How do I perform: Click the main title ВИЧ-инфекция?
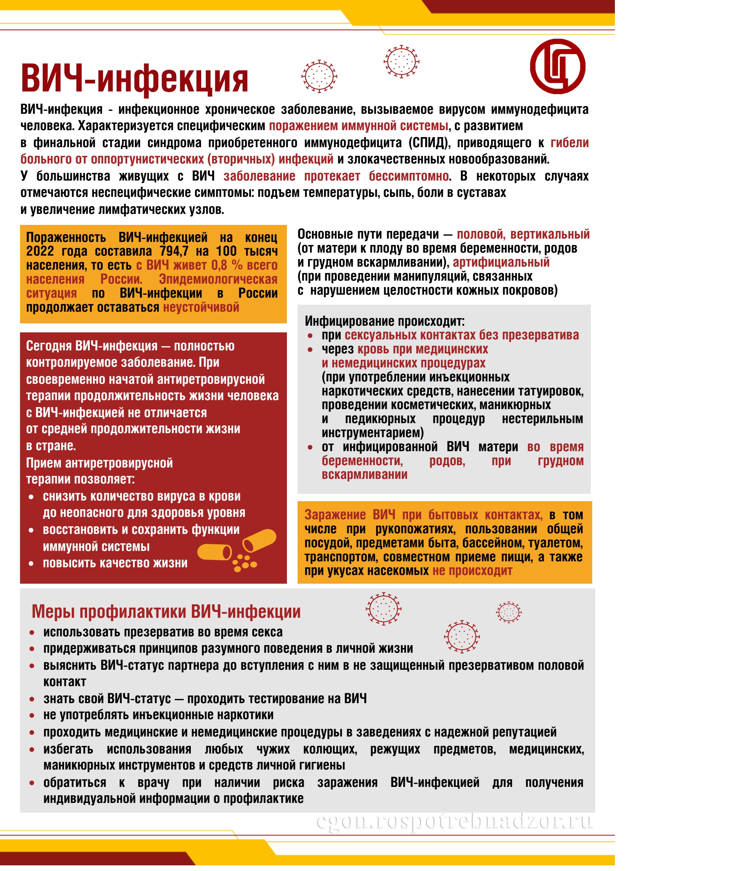pos(135,79)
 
